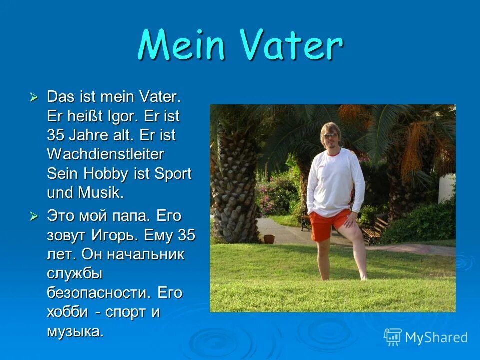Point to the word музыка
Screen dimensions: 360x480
coord(75,330)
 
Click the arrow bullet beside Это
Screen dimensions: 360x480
coord(34,216)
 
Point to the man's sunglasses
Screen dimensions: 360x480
coord(330,136)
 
